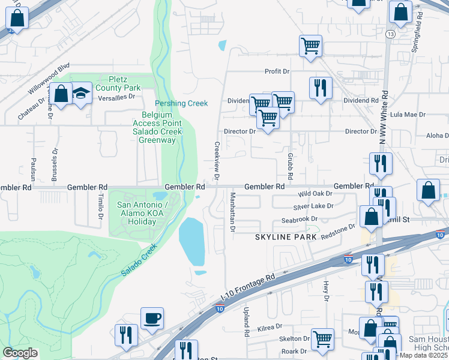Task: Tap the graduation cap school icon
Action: coord(81,93)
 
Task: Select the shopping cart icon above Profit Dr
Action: coord(310,45)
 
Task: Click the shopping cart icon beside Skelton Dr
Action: coord(322,338)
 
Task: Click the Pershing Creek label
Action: coord(181,103)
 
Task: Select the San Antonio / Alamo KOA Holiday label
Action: coord(138,214)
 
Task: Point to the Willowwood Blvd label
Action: coord(49,78)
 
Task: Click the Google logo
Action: coord(20,352)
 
